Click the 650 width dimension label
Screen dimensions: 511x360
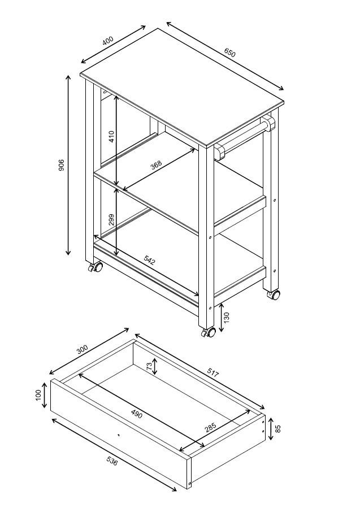[229, 53]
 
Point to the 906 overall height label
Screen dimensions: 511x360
[62, 165]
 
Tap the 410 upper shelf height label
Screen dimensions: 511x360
[111, 136]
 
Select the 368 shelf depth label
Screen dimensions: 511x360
[156, 164]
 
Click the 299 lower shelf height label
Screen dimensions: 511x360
[111, 220]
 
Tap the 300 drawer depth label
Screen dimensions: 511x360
[83, 350]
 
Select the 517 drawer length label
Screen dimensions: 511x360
[213, 372]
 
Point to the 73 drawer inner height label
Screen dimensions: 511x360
[150, 367]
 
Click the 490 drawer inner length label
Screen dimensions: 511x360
[137, 414]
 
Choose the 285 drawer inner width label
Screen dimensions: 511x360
[210, 428]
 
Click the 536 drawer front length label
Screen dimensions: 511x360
[112, 461]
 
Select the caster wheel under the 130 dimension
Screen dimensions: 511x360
[209, 332]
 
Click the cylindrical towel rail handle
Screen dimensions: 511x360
[244, 136]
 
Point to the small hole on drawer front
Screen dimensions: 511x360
[119, 435]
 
